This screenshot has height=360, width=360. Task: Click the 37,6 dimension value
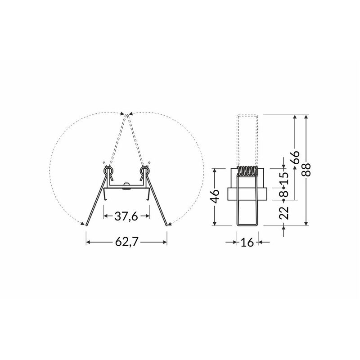126,216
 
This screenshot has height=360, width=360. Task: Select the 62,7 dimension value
127,242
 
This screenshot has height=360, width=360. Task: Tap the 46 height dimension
215,197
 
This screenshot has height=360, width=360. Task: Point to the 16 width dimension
247,242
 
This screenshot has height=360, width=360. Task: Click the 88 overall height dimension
306,170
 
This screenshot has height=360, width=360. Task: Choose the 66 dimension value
296,157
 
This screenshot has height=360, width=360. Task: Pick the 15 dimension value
284,178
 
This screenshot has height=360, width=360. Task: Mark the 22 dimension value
284,213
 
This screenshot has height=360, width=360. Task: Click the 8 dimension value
284,193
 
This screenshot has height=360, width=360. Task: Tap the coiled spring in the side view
247,171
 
